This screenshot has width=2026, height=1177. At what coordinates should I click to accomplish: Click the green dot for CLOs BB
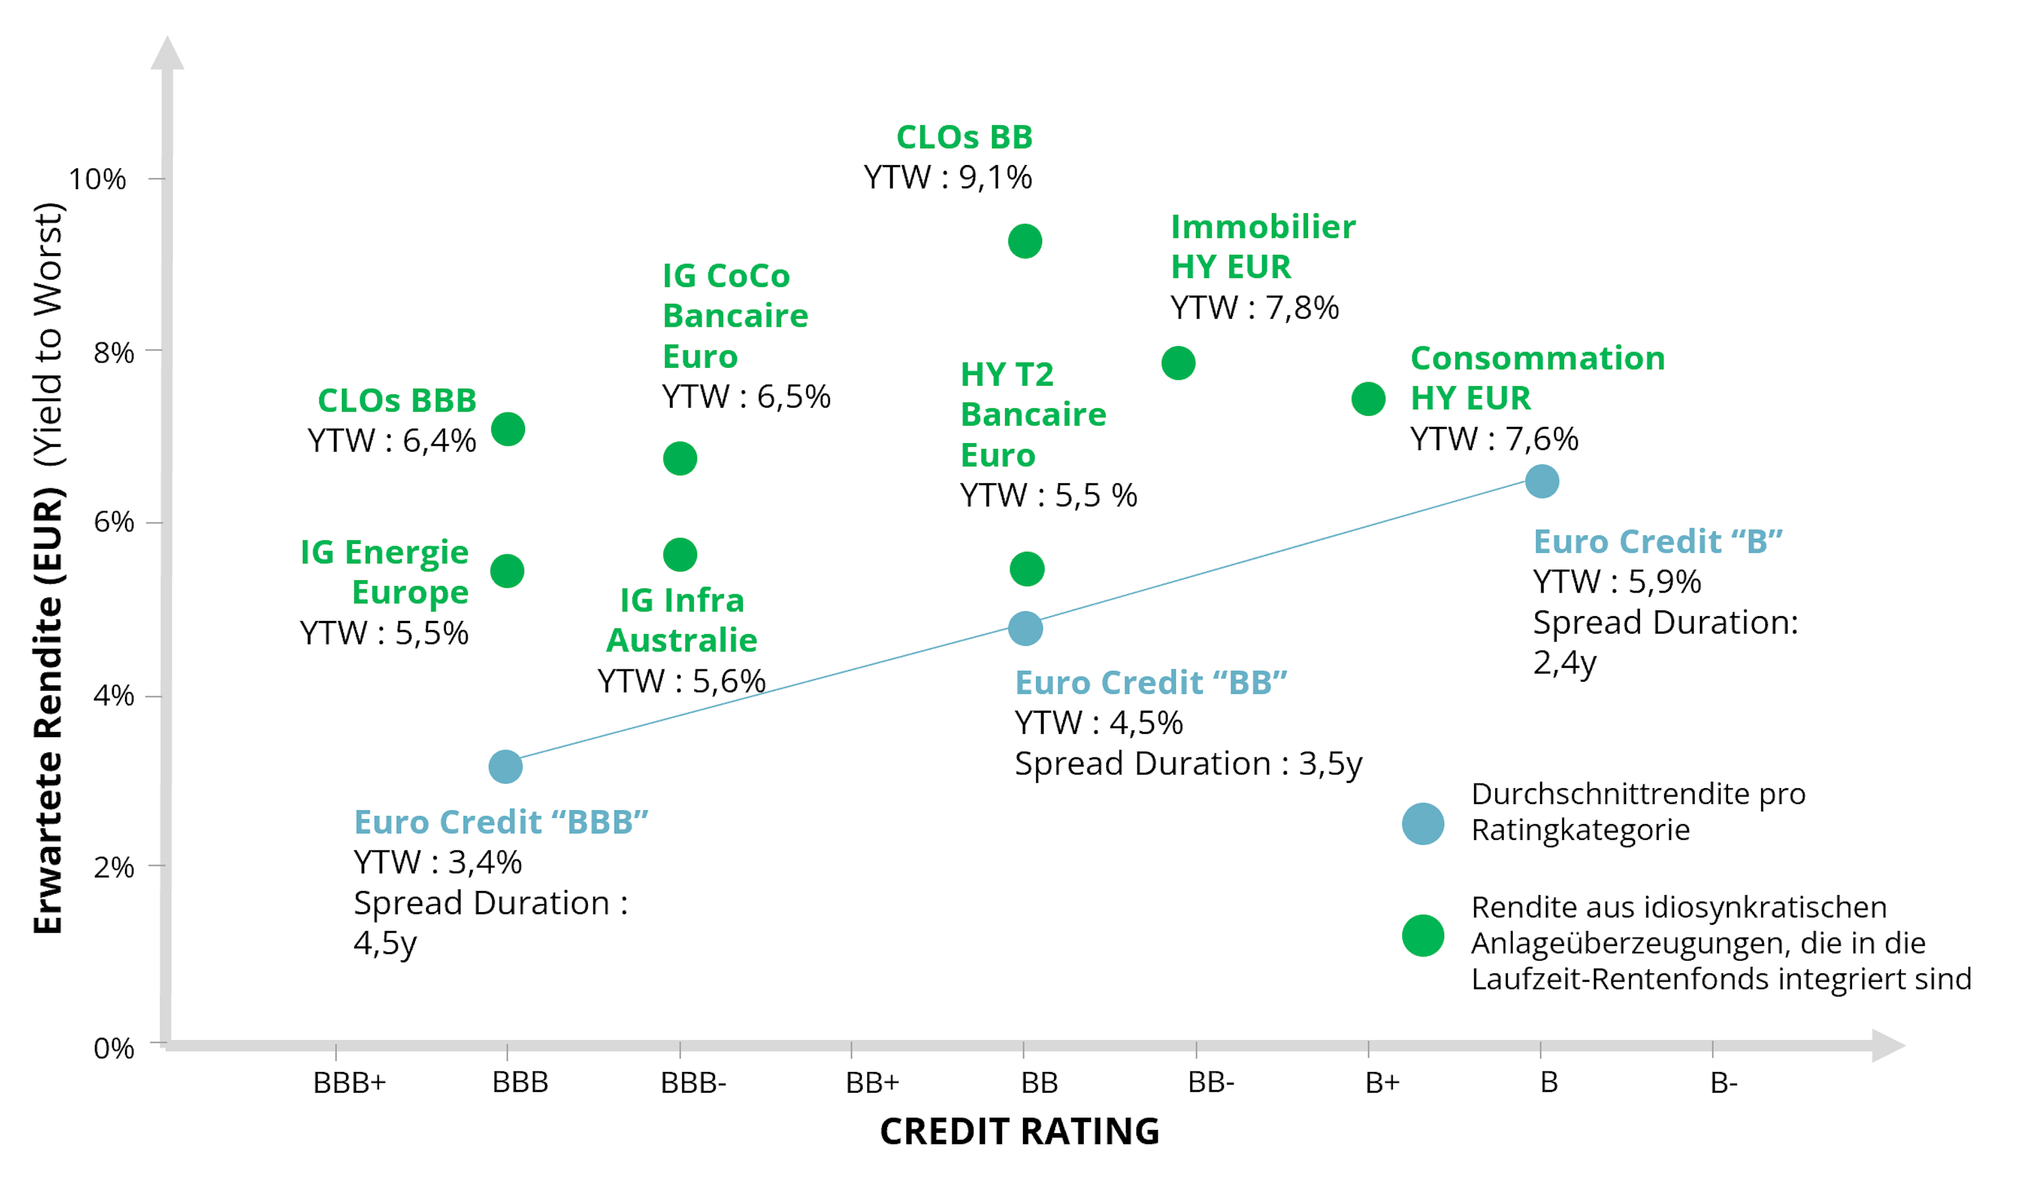pos(1025,241)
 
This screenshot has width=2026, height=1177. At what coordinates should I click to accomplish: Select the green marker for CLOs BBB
pos(508,429)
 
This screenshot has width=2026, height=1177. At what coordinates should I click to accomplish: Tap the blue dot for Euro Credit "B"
pos(1542,482)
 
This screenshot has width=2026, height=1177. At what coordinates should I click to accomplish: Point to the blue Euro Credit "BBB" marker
pos(505,767)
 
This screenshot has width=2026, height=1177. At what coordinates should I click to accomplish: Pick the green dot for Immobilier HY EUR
pos(1179,363)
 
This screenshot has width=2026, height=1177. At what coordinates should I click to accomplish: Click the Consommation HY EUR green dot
pos(1369,399)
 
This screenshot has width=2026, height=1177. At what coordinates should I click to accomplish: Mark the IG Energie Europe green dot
pos(508,571)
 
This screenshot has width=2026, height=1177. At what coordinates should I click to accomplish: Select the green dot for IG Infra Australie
pos(680,554)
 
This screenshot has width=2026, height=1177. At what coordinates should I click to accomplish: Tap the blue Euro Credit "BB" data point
pos(1026,629)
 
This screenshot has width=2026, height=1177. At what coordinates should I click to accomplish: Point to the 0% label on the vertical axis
pos(113,1048)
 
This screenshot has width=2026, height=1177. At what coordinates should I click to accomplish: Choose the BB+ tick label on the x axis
pos(872,1083)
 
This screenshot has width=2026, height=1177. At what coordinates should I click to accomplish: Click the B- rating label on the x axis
pos(1724,1083)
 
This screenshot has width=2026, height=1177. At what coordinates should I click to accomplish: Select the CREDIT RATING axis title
pos(1019,1131)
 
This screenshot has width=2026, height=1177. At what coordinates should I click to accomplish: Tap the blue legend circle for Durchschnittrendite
pos(1423,824)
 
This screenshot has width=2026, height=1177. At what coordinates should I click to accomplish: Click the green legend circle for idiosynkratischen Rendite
pos(1423,936)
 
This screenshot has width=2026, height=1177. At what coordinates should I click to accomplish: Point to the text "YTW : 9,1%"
pos(948,178)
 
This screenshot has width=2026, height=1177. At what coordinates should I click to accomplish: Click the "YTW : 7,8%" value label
pos(1254,308)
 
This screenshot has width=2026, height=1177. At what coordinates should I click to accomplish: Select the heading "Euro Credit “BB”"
pos(1151,683)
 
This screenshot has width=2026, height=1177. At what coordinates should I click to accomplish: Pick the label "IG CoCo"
pos(726,276)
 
